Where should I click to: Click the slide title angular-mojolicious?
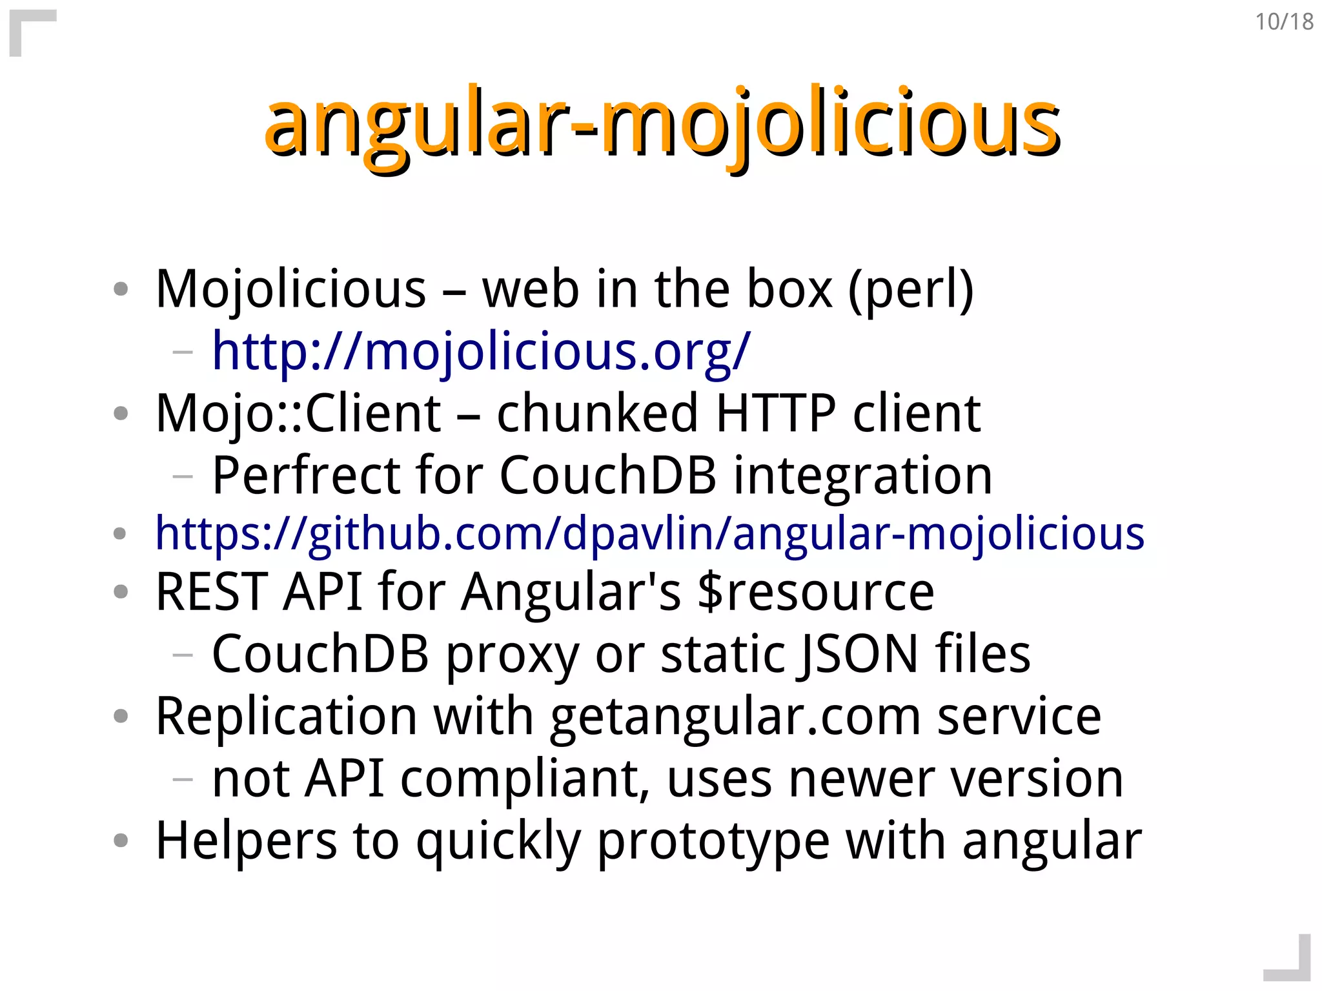662,123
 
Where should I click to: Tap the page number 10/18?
1284,22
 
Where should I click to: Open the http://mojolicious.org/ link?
481,351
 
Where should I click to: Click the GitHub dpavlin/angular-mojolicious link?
649,534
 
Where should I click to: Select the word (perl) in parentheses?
910,290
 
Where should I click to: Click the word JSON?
858,654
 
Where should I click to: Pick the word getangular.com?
735,717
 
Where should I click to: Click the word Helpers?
246,841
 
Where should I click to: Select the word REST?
212,591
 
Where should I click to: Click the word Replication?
287,717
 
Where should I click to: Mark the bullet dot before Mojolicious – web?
121,289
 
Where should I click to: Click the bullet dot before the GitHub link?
119,534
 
